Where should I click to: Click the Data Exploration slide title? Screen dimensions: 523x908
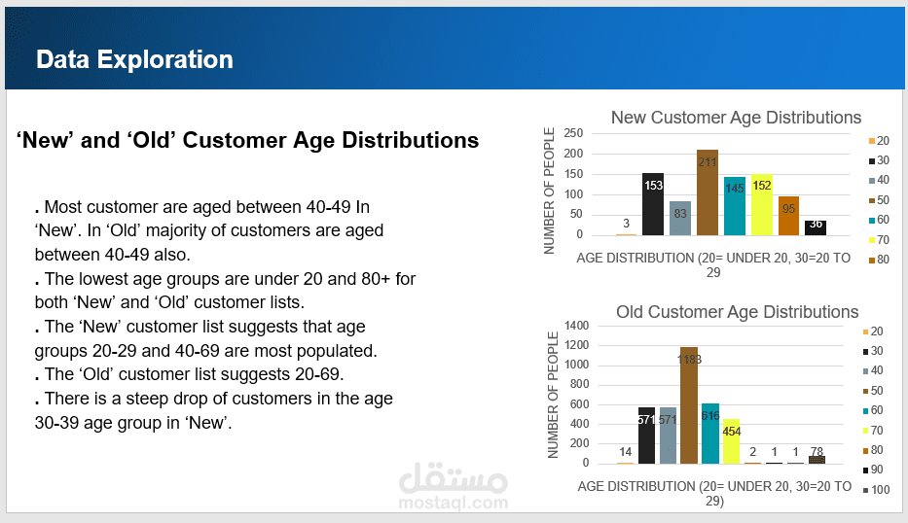tap(134, 59)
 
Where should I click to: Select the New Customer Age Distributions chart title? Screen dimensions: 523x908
tap(736, 118)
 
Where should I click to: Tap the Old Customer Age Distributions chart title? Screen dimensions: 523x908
tap(737, 312)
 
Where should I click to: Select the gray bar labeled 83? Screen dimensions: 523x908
tap(680, 218)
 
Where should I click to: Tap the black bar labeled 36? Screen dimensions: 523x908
tap(816, 227)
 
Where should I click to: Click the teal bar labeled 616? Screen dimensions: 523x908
tap(710, 433)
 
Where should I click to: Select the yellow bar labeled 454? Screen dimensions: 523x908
tap(732, 441)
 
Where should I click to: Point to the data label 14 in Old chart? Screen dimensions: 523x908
tap(625, 453)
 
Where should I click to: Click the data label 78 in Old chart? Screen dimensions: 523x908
tap(817, 451)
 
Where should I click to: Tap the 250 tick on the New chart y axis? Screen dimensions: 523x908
tap(573, 133)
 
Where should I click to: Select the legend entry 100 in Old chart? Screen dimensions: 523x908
tap(877, 491)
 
